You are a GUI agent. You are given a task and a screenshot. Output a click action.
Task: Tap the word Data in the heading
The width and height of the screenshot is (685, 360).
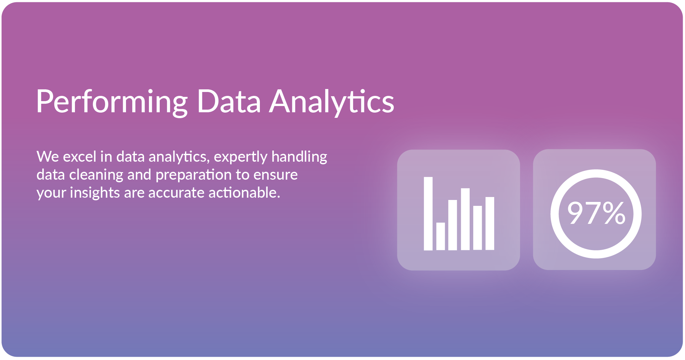click(x=229, y=101)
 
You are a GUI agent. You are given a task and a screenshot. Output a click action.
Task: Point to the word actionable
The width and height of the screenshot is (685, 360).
click(x=244, y=192)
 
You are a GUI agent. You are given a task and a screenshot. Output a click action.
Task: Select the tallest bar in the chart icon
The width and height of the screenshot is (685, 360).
click(x=428, y=214)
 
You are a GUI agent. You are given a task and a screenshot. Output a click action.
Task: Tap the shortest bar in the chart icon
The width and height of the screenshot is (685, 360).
click(x=441, y=236)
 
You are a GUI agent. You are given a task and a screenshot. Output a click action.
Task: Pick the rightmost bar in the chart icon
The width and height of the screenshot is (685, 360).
click(x=490, y=224)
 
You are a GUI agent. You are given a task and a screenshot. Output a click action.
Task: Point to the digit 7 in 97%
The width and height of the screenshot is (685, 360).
click(x=594, y=213)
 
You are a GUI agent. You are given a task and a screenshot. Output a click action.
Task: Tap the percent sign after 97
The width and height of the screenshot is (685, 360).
click(x=614, y=213)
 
